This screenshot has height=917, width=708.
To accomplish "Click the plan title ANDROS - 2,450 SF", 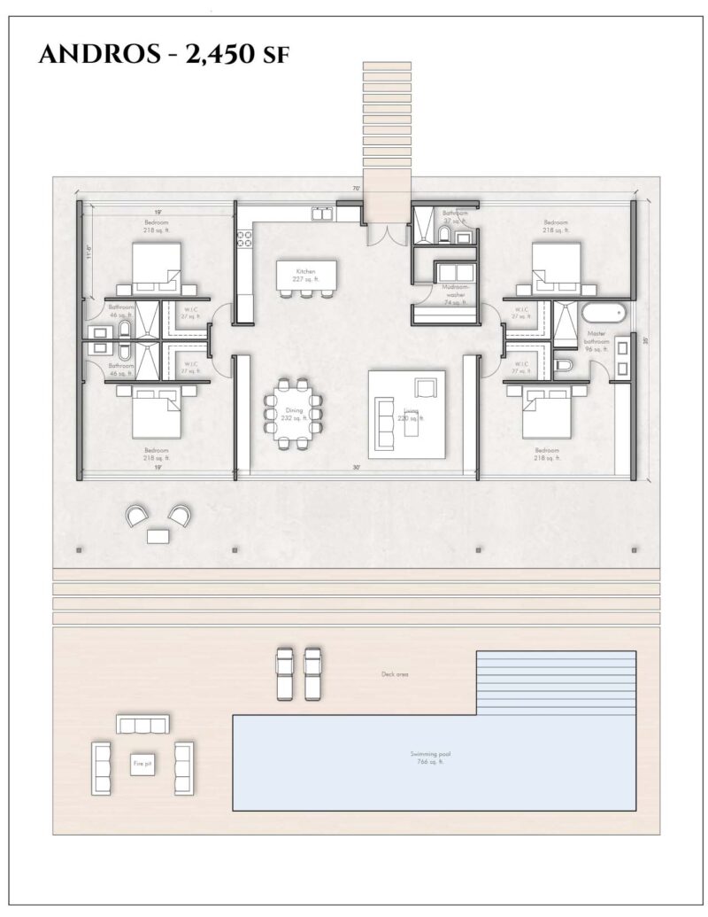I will [x=165, y=56].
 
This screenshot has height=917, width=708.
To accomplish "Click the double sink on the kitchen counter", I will [x=321, y=214].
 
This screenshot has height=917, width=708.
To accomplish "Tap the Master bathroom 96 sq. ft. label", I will [x=599, y=341].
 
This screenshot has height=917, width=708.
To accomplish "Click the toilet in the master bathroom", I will [x=563, y=366].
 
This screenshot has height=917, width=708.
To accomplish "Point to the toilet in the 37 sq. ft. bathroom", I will [x=443, y=234].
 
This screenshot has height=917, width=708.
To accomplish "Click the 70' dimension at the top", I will [x=355, y=189].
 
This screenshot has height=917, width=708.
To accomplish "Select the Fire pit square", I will [x=142, y=762].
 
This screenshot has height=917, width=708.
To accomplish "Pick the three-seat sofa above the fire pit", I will [x=142, y=725].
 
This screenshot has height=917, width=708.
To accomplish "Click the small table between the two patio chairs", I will [x=159, y=535].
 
